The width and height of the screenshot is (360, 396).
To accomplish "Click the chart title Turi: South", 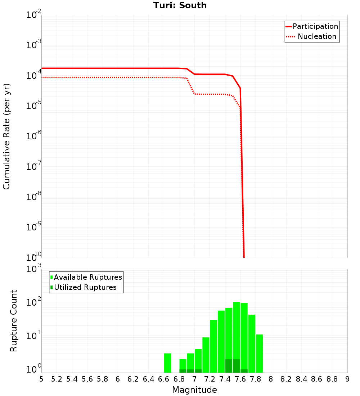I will click(180, 5).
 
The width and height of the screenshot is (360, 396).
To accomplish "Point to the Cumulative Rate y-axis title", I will click(6, 136).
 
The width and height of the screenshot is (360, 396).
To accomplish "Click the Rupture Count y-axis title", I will click(14, 321).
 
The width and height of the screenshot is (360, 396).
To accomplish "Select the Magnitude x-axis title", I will click(194, 390).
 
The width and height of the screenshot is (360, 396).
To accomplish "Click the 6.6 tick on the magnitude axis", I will click(164, 379).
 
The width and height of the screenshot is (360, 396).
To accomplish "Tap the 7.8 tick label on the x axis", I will click(256, 379).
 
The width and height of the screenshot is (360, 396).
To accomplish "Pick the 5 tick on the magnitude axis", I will click(41, 379).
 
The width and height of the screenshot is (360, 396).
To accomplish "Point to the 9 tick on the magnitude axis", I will click(347, 379).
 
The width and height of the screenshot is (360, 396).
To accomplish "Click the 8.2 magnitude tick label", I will click(286, 379).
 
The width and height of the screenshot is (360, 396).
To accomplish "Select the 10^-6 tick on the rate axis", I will click(34, 137).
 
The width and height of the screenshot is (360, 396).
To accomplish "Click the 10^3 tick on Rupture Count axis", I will click(34, 270).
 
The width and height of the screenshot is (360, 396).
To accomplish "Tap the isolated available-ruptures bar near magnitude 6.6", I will click(167, 363).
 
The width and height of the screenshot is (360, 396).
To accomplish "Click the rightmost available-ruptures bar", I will click(259, 353).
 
